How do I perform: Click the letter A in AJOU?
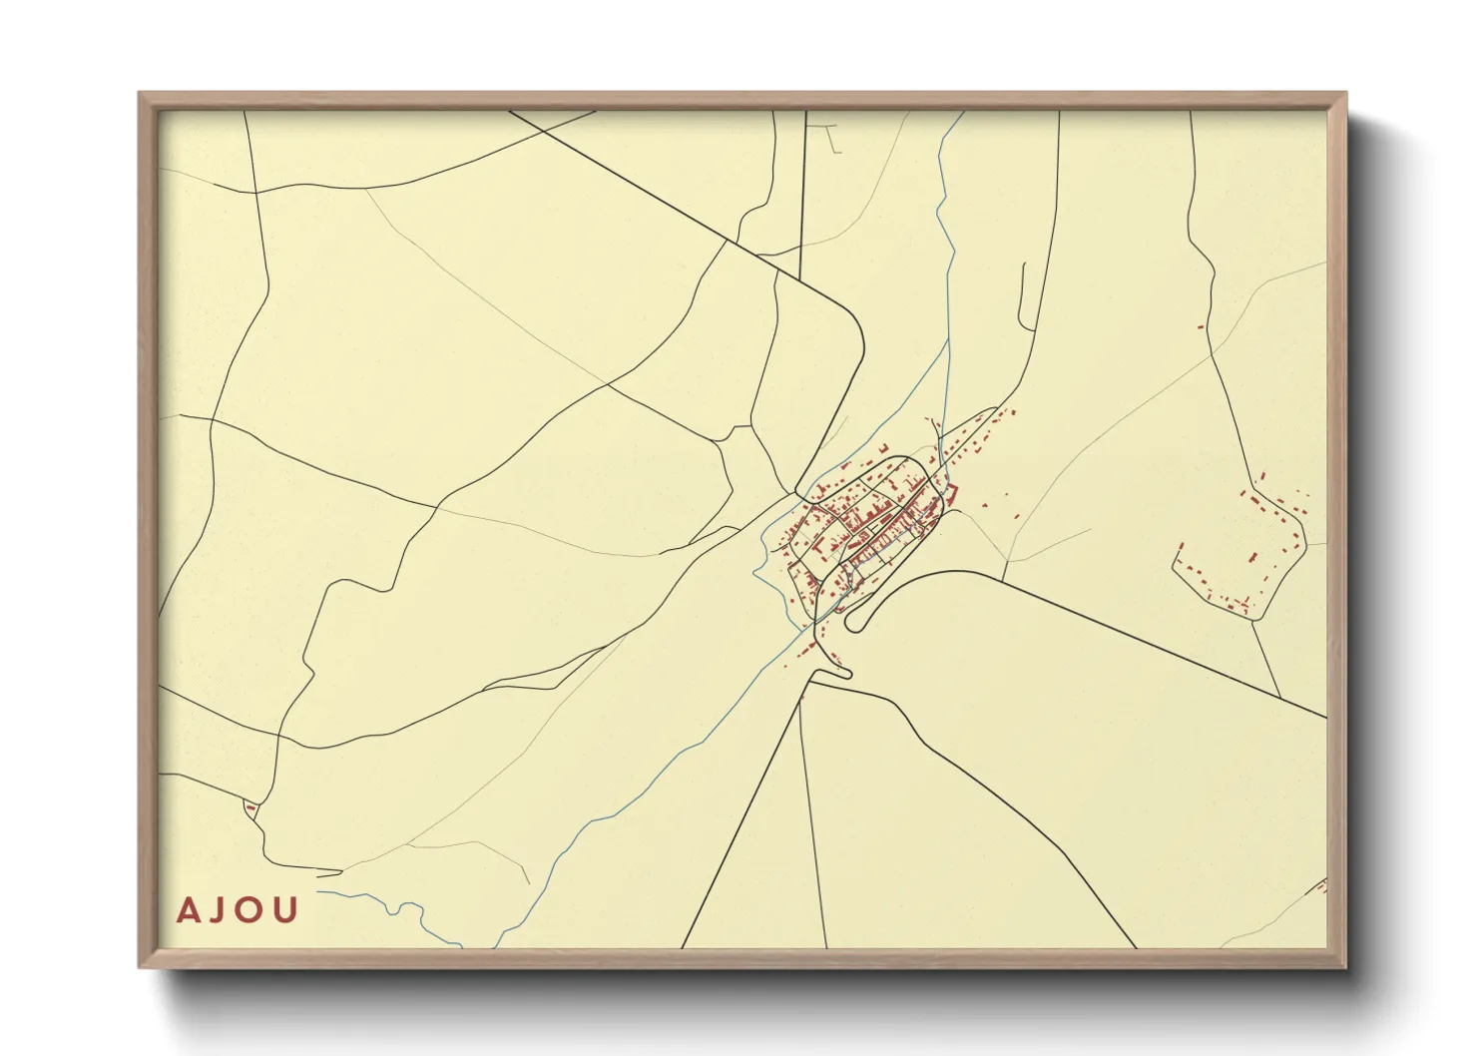tap(187, 910)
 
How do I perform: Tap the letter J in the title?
tap(221, 910)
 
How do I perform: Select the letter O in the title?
tap(252, 910)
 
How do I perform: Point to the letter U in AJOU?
tap(286, 910)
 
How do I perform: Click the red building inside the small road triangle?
tap(249, 806)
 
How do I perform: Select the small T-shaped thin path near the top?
tap(828, 134)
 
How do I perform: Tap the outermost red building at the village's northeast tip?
tap(1012, 411)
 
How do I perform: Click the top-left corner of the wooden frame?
tap(140, 94)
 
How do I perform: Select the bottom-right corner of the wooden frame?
tap(1345, 966)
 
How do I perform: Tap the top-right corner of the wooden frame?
tap(1345, 94)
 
